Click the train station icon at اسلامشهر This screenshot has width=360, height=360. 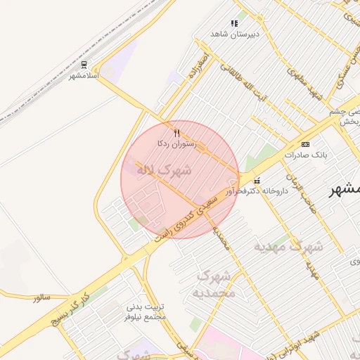(84, 64)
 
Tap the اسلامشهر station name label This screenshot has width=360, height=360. (84, 75)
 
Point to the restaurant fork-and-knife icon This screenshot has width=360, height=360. (176, 132)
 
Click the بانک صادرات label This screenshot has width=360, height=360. (304, 154)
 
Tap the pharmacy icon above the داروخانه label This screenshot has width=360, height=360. (256, 181)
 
